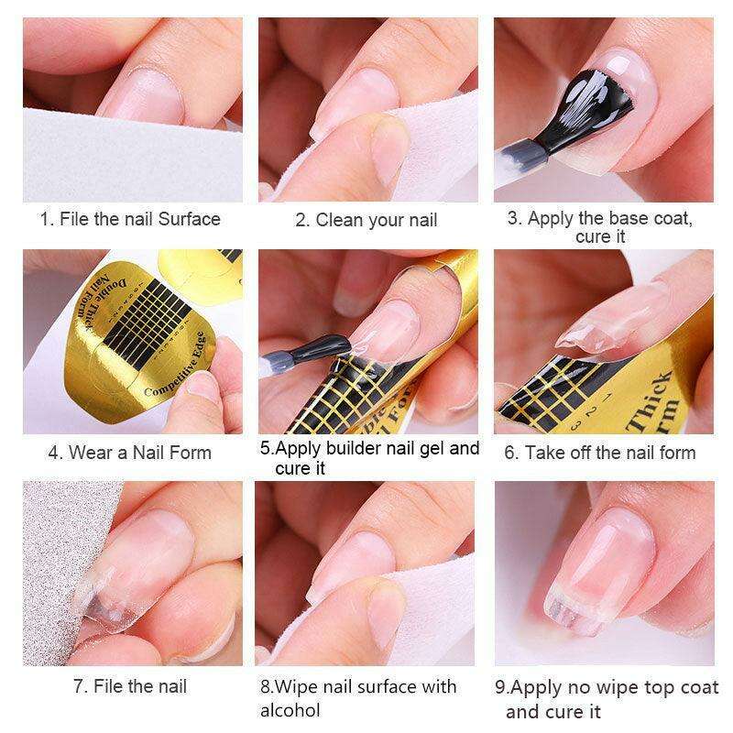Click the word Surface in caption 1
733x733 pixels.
click(189, 219)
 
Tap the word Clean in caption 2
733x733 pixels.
click(335, 220)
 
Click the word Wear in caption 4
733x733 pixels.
click(91, 453)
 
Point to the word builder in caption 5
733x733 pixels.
click(354, 448)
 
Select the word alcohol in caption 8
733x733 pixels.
click(290, 710)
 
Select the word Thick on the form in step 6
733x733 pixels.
click(650, 401)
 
